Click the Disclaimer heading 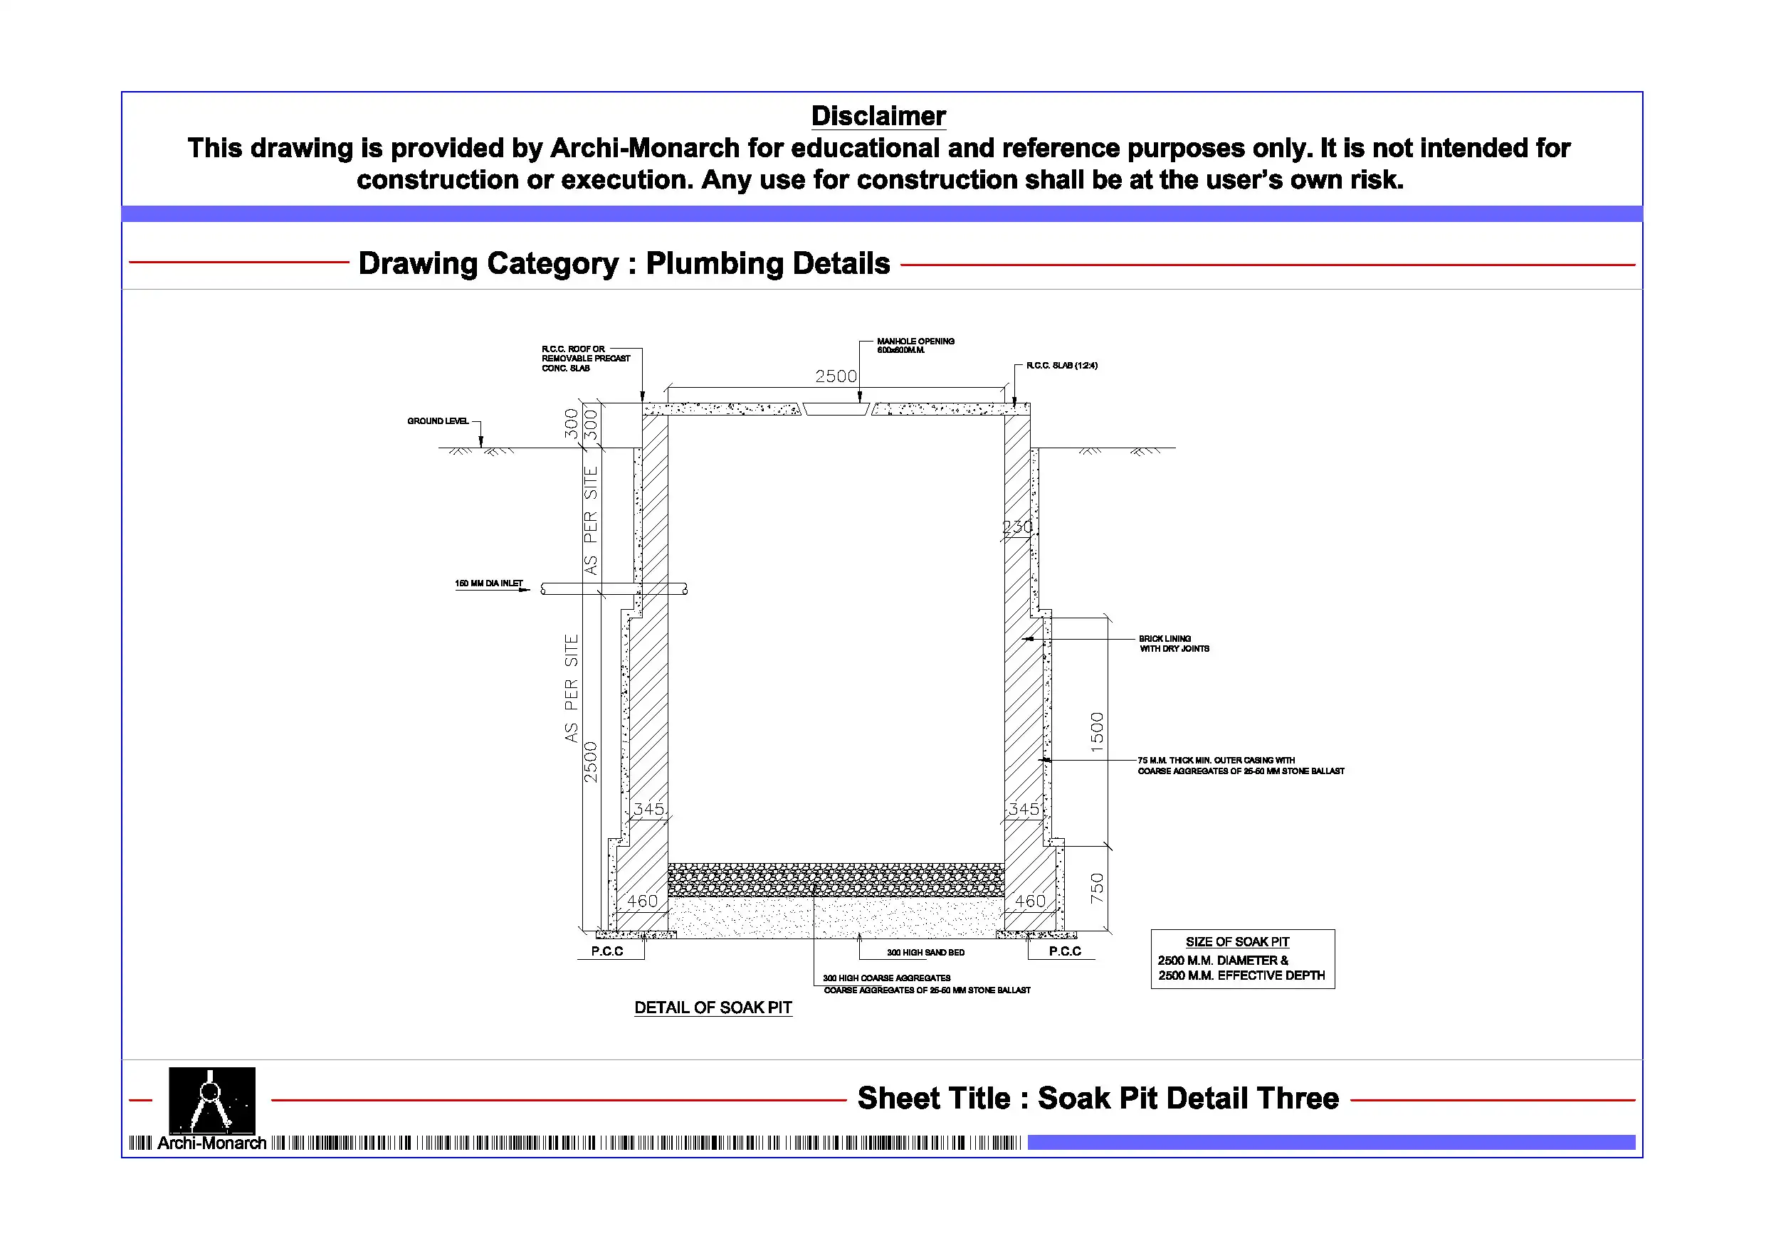coord(878,116)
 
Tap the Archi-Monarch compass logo coord(211,1101)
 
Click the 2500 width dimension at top coord(836,376)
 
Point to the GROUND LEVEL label coord(438,421)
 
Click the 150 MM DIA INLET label coord(488,583)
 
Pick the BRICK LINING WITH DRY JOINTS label coord(1173,644)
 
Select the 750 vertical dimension coord(1097,888)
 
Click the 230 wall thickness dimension coord(1017,527)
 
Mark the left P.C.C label coord(607,951)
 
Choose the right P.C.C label coord(1065,951)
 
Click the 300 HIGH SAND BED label coord(925,953)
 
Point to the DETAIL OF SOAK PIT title coord(713,1008)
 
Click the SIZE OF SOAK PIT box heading coord(1237,942)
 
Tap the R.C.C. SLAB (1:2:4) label coord(1061,365)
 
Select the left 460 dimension coord(641,901)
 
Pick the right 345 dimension coord(1023,809)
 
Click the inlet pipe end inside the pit coord(685,589)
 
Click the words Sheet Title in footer coord(934,1098)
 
